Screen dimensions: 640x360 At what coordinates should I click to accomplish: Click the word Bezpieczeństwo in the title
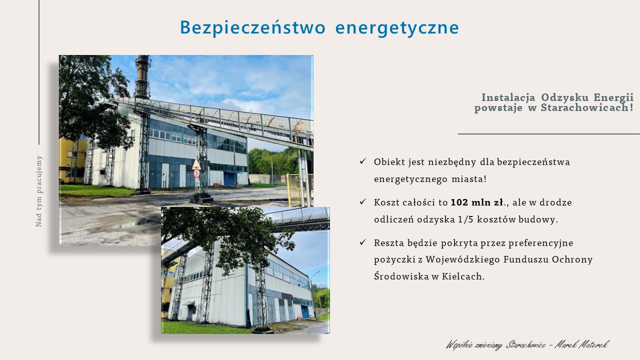(252, 27)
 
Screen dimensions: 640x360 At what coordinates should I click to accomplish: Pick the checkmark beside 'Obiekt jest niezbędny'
(363, 161)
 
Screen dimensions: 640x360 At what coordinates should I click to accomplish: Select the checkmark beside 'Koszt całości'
(363, 202)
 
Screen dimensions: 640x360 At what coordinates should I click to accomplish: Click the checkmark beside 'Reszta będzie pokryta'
(363, 242)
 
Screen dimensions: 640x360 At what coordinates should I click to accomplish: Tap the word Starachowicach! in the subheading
(587, 107)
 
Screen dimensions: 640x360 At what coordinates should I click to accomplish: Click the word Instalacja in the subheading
(508, 97)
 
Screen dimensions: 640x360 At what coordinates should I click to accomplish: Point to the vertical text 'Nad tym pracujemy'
(39, 191)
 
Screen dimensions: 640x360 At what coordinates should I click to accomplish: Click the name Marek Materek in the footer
(581, 344)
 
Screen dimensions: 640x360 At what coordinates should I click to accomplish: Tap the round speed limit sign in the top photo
(196, 173)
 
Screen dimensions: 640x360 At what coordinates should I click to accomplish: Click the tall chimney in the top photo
(142, 77)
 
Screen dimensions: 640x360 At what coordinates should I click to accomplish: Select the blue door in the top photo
(229, 178)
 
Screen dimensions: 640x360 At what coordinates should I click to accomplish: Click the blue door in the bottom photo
(305, 311)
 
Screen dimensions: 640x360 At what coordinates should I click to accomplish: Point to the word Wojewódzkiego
(463, 259)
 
